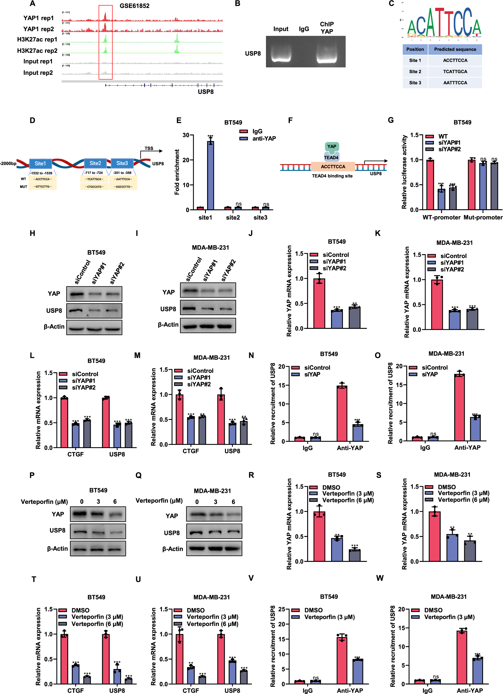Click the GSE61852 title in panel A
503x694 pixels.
coord(135,6)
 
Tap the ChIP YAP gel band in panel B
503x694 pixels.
coord(326,58)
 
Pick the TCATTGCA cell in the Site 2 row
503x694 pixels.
coord(455,72)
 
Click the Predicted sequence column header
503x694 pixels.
coord(455,49)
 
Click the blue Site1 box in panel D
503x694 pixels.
coord(40,163)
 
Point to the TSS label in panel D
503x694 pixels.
coord(149,149)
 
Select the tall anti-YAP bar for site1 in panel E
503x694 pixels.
coord(210,175)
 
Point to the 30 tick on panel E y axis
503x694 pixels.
coord(186,135)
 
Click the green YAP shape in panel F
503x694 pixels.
coord(332,147)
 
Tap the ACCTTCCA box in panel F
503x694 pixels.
coord(333,166)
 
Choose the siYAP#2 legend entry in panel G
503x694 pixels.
coord(449,149)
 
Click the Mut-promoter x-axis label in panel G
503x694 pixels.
coord(483,217)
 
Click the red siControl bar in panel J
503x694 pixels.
coord(319,303)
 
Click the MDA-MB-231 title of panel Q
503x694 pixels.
coord(212,491)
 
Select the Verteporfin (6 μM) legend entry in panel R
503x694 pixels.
coord(347,500)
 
